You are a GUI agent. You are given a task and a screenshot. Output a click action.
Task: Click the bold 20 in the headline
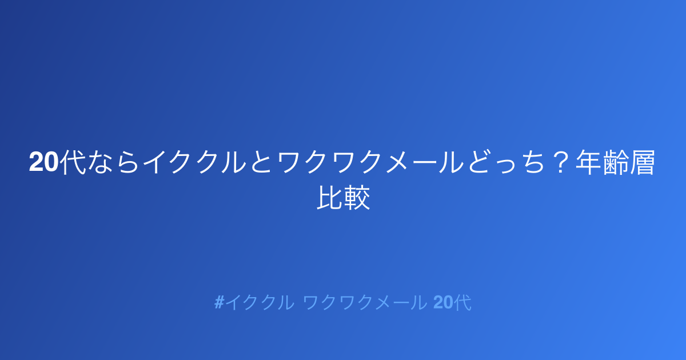43,162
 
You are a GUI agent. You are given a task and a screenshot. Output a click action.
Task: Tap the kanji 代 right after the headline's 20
72,162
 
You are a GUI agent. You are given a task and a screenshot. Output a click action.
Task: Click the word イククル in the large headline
194,162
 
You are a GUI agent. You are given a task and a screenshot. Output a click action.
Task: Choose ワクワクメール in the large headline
370,162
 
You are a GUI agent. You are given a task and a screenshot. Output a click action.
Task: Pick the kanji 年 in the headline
589,162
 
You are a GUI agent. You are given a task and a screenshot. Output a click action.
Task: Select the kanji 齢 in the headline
616,162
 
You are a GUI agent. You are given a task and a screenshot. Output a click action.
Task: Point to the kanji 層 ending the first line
642,162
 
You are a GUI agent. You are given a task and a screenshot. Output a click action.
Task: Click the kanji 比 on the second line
330,198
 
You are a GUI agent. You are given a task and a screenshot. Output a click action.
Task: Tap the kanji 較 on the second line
357,198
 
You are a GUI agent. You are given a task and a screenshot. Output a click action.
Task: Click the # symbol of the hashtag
220,302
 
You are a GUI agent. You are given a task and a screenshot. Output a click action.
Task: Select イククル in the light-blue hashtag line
260,302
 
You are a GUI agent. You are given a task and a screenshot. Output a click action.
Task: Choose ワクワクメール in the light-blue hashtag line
365,302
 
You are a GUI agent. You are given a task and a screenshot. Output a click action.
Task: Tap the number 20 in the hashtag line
443,302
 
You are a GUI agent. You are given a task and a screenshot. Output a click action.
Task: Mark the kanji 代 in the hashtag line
462,302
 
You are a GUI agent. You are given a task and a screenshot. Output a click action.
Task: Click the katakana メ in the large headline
397,162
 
